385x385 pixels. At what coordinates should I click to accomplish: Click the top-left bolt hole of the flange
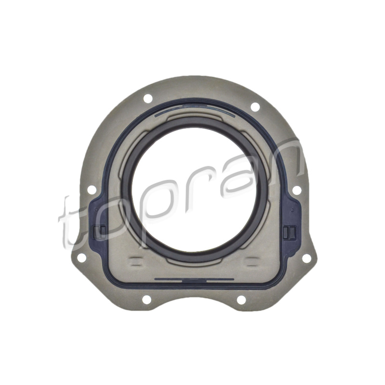coord(148,99)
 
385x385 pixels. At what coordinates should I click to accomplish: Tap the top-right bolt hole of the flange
coord(255,107)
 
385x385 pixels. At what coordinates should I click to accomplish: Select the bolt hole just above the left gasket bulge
coord(92,190)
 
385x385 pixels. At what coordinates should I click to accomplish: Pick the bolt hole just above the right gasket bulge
coord(297,190)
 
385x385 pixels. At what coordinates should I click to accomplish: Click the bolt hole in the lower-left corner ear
coord(82,258)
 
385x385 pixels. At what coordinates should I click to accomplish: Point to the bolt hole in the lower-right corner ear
coord(307,258)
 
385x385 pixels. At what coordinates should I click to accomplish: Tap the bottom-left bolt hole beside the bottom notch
coord(147,299)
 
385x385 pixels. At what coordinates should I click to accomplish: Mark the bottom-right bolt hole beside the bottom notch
coord(242,300)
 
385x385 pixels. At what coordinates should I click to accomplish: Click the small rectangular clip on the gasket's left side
coord(100,232)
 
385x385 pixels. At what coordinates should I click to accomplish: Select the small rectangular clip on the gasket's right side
coord(290,232)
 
